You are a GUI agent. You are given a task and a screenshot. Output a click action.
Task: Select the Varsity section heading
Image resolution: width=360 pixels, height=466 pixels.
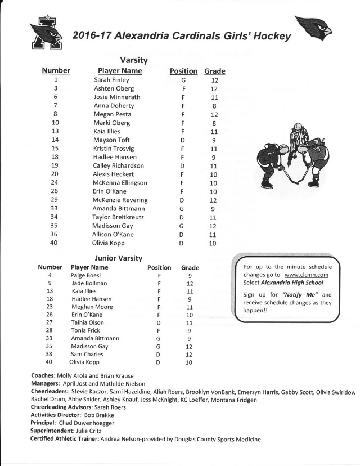point(134,60)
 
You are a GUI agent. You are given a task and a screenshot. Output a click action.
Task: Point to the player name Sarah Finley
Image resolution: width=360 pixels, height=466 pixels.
point(111,80)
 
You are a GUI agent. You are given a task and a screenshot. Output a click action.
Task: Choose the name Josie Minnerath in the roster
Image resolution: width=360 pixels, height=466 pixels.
point(117,97)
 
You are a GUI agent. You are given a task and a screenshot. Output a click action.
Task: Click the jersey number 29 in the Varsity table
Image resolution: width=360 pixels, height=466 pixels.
point(55,200)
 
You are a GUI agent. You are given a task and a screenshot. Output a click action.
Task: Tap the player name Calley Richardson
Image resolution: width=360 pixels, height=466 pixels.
point(119,165)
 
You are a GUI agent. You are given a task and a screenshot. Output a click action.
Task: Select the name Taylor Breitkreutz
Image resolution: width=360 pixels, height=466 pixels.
point(120,217)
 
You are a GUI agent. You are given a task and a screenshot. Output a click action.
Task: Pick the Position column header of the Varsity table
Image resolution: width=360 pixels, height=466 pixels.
point(183,71)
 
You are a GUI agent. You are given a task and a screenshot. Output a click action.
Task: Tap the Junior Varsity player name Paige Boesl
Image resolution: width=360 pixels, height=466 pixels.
point(85,275)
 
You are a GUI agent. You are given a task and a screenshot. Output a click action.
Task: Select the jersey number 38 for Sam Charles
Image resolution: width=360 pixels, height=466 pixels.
point(50,354)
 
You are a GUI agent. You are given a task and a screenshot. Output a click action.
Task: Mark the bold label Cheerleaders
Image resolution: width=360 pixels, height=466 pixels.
point(51,391)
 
